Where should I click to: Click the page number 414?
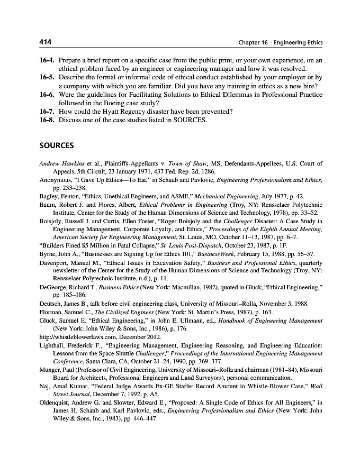pos(44,42)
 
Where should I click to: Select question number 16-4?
pos(47,61)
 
